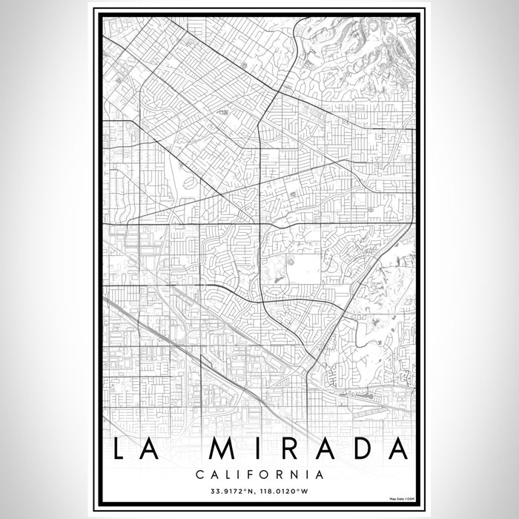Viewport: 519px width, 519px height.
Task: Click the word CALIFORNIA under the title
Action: [259, 472]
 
